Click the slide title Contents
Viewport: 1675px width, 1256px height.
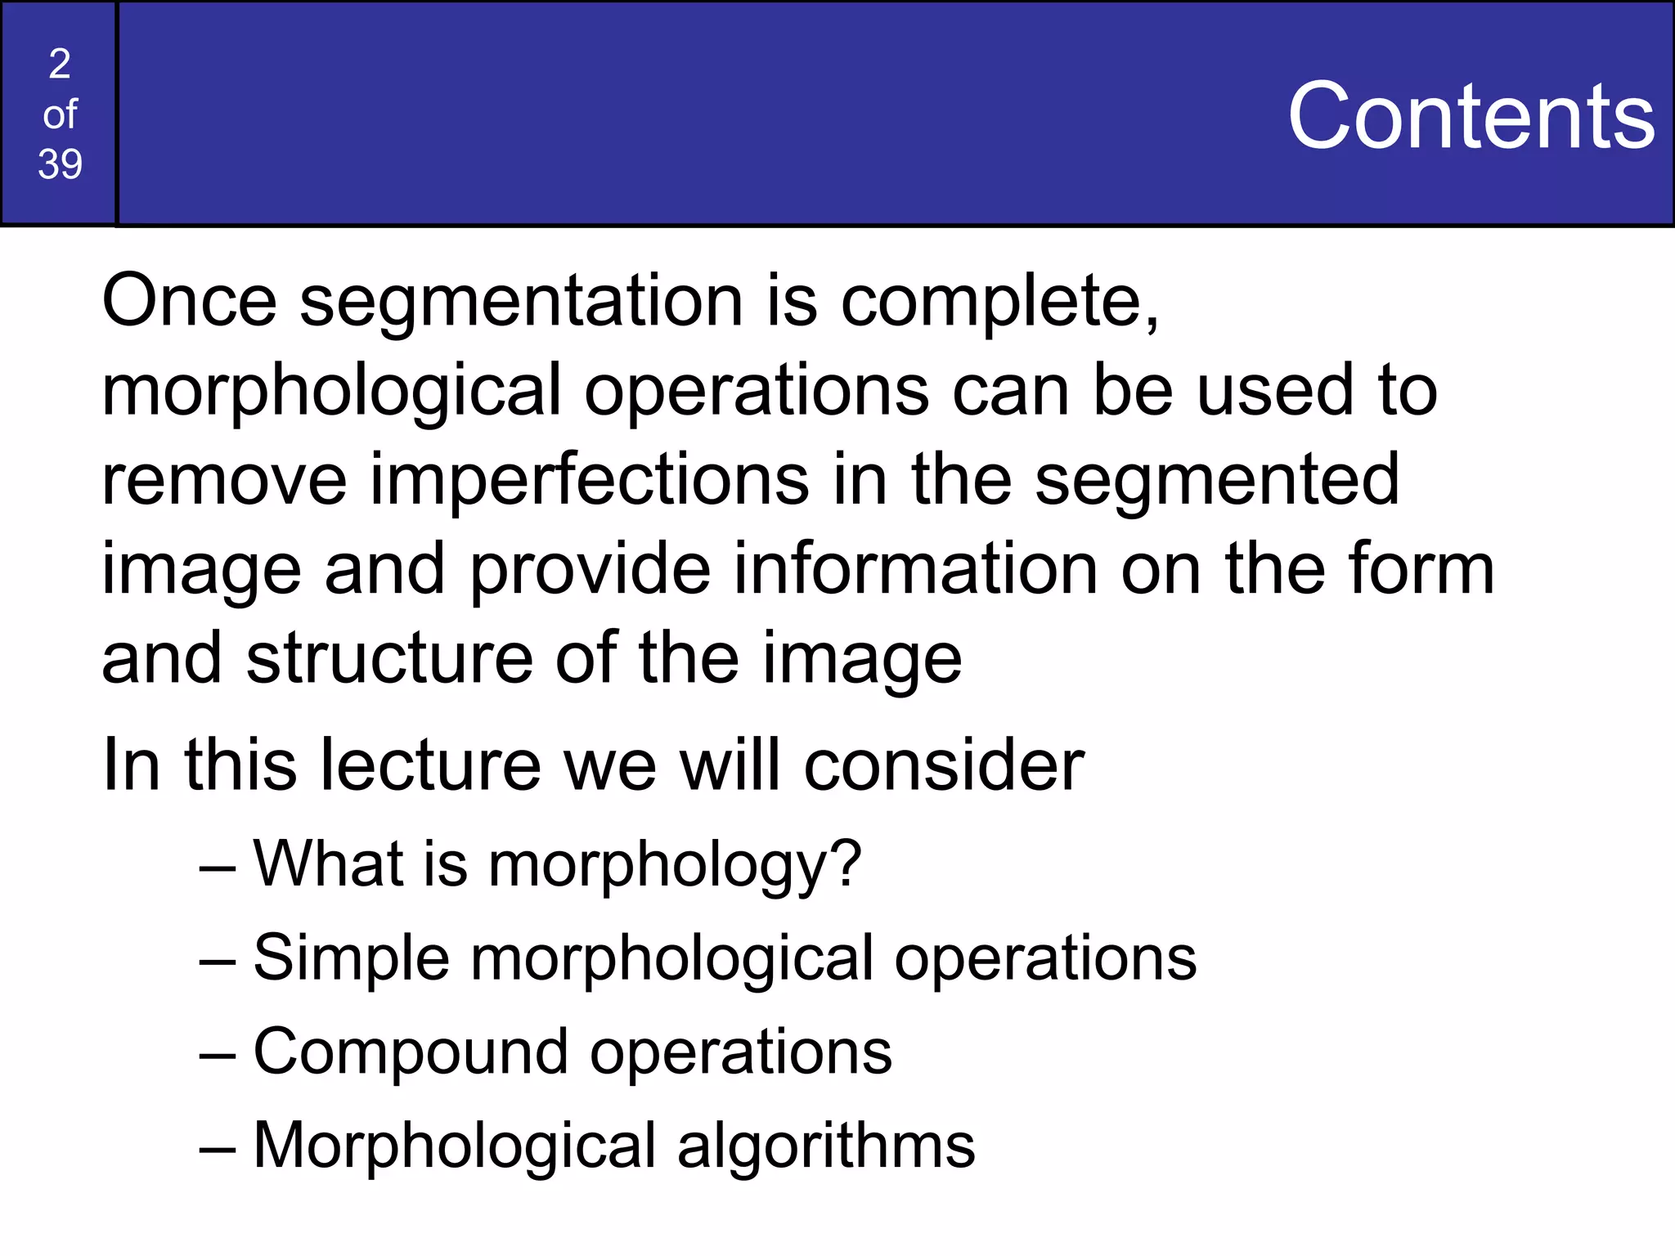1471,116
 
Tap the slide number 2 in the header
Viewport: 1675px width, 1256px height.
60,64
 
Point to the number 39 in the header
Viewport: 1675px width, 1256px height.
60,164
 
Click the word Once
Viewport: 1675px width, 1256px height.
190,301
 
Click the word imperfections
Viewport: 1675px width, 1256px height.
590,480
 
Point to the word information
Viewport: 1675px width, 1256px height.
916,569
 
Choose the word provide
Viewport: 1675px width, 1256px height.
591,571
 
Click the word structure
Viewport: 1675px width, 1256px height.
389,658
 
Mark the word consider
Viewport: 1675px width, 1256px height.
944,765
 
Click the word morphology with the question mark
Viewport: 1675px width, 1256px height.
675,865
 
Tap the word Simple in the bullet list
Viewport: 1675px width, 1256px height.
352,958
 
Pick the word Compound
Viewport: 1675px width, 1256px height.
411,1052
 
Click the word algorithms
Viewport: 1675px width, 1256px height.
826,1146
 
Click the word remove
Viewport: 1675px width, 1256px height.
224,480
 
